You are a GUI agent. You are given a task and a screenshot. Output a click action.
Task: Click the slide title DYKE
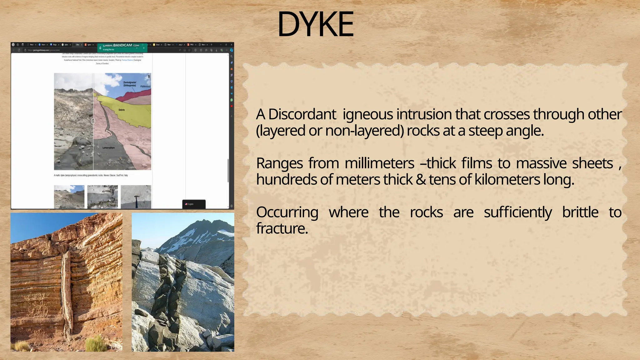[316, 24]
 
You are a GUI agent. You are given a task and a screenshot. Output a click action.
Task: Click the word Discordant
[302, 114]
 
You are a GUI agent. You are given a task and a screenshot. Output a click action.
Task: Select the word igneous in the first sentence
[368, 114]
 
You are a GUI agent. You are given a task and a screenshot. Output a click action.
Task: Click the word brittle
[580, 212]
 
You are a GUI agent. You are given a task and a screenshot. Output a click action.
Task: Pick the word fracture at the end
[282, 229]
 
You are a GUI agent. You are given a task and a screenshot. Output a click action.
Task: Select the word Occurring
[287, 212]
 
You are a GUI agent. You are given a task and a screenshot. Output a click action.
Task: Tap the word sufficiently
[517, 212]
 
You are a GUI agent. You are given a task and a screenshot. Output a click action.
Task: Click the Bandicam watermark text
[122, 45]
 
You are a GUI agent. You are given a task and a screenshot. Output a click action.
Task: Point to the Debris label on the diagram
[122, 110]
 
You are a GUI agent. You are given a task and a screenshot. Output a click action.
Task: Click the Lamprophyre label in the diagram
[108, 148]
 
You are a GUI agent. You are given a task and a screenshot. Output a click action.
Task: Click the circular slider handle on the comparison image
[93, 121]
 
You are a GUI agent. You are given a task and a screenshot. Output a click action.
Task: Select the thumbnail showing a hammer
[136, 197]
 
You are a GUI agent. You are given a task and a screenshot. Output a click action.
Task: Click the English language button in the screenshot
[194, 204]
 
